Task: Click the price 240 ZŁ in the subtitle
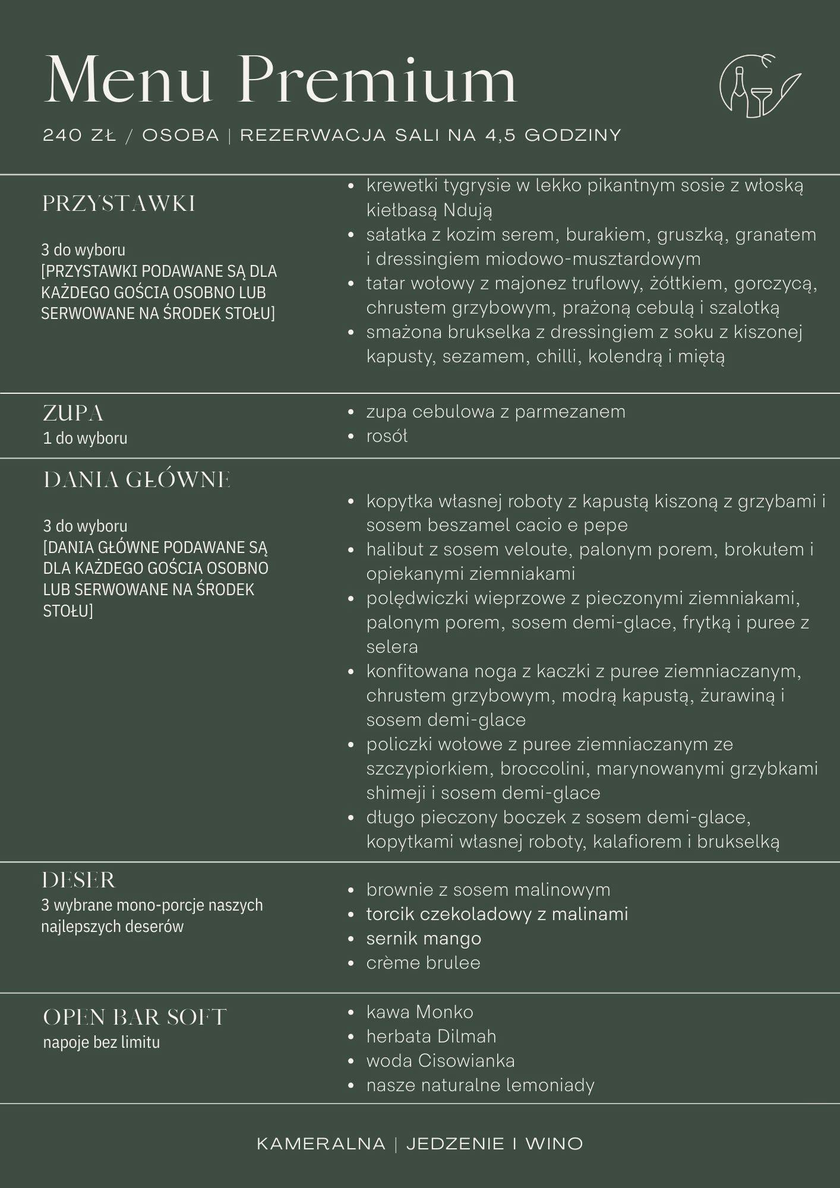coord(79,135)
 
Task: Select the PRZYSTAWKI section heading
coord(119,204)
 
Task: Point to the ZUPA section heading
coord(73,413)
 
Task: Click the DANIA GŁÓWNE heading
coord(137,480)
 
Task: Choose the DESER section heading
coord(78,880)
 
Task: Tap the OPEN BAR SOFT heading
coord(135,1017)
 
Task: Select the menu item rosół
coord(387,436)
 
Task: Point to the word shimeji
coord(395,793)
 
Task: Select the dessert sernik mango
coord(424,939)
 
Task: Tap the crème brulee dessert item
coord(423,963)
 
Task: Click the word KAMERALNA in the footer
coord(321,1143)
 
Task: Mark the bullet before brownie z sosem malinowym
coord(351,890)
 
